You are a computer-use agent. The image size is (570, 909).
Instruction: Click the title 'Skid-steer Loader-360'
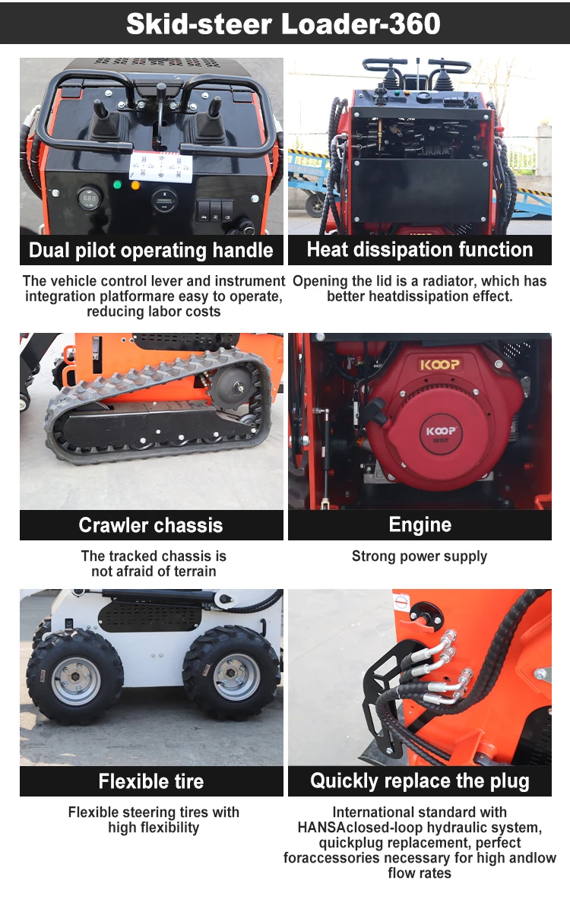[283, 24]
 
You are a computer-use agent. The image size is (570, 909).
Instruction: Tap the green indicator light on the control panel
[117, 185]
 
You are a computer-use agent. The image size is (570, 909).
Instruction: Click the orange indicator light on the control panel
[136, 186]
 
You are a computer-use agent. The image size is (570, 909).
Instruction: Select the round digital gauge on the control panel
[89, 198]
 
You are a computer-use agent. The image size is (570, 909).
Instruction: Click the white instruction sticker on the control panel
[160, 167]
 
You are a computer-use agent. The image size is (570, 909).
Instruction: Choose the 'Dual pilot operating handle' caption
[150, 251]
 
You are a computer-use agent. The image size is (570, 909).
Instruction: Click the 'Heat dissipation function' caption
[420, 250]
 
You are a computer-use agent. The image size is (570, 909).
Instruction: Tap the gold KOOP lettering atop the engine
[440, 365]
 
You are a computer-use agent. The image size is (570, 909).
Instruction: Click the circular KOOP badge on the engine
[441, 434]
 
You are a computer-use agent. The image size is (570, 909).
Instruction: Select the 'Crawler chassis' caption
[150, 525]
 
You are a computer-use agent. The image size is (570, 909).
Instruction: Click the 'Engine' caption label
[420, 525]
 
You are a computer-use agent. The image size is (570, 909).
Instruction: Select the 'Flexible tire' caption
[150, 781]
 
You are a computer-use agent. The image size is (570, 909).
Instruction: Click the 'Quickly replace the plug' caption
[420, 781]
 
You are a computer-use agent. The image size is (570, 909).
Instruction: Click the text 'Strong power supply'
[420, 556]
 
